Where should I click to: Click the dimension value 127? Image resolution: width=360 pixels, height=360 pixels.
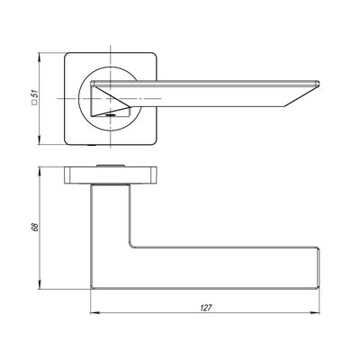tap(206, 308)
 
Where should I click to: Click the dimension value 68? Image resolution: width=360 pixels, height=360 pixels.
tap(34, 227)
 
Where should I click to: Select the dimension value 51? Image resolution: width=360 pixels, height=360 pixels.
tap(35, 94)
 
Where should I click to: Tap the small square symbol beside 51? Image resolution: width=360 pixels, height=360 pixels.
tap(34, 103)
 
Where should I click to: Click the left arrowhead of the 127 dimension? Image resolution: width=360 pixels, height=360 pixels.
tap(94, 313)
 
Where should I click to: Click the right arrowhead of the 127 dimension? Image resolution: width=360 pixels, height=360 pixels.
tap(315, 313)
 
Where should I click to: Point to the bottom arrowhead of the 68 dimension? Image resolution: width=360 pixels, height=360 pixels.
tap(39, 285)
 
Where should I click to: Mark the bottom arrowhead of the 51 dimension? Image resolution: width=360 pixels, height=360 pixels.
tap(39, 139)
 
